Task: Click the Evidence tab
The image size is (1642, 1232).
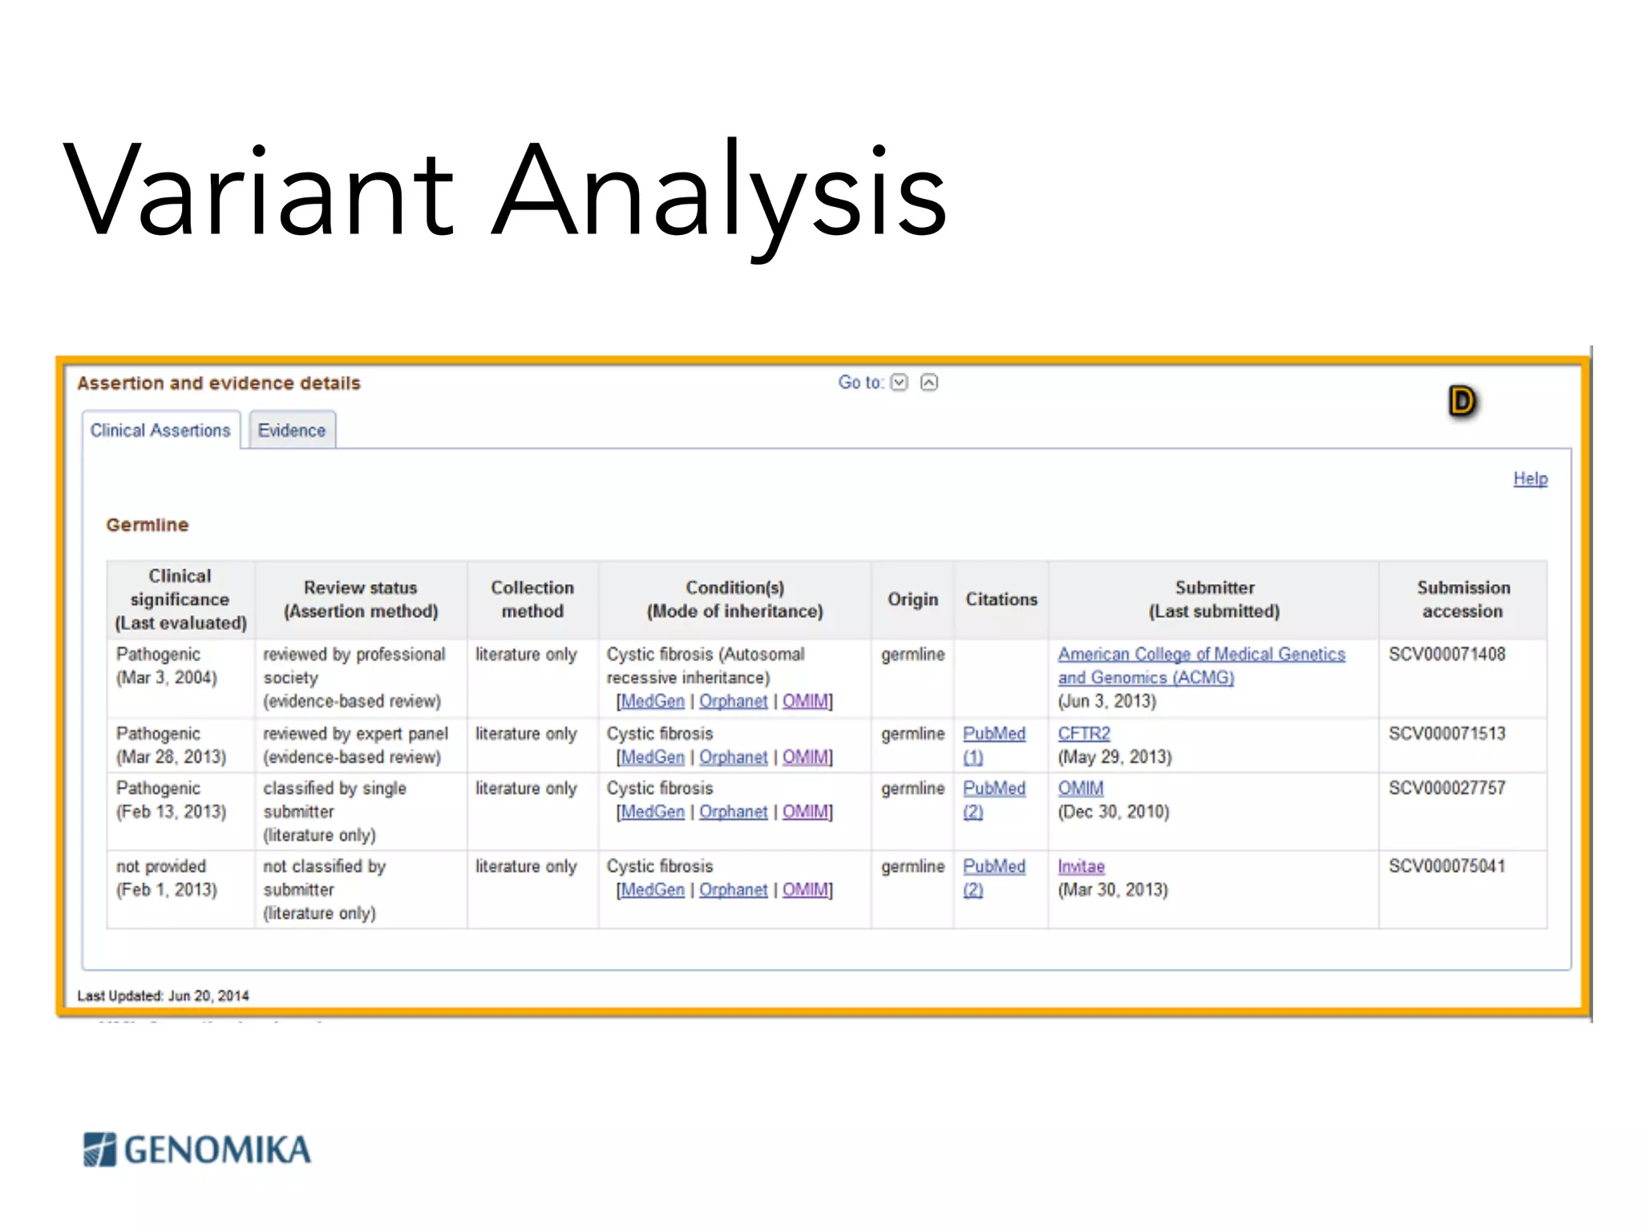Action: (292, 431)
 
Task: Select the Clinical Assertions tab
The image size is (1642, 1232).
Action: (160, 431)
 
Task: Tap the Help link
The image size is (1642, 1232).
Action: (1530, 479)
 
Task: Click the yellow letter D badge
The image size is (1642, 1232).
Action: (1462, 401)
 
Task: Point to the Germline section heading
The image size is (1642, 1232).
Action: (148, 525)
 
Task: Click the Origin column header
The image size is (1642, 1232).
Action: (912, 599)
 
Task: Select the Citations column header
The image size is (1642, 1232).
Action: (1001, 599)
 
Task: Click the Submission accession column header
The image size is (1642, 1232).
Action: (1462, 599)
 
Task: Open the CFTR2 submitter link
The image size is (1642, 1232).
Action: (1084, 733)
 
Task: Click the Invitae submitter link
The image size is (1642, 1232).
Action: (1081, 866)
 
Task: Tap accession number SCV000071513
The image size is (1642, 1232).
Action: (1447, 733)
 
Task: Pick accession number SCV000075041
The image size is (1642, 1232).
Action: (1447, 866)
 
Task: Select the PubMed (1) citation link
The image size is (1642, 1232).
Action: (993, 744)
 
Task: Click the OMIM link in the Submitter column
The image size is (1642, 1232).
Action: (1081, 788)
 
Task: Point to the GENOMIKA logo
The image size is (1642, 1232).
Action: (197, 1149)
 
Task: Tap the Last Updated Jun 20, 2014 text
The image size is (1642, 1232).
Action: (164, 995)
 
